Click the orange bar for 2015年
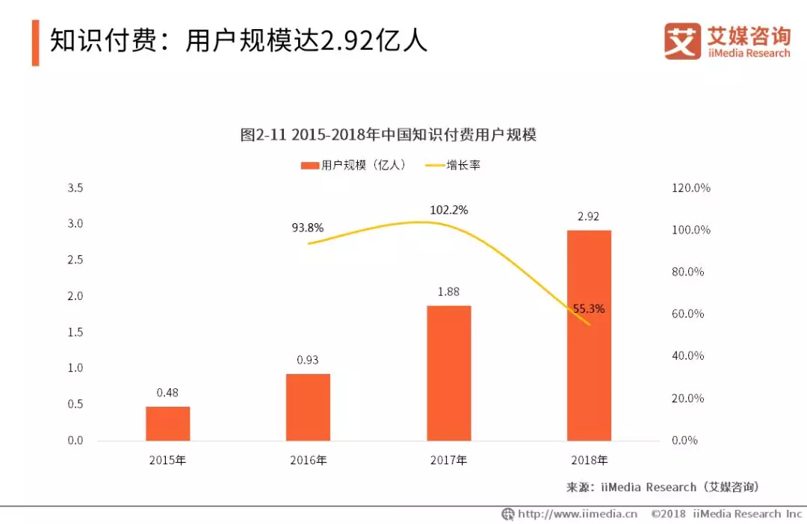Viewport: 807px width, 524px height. click(x=167, y=423)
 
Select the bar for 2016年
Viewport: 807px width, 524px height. click(x=308, y=407)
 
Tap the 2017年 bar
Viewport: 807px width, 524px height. click(x=448, y=372)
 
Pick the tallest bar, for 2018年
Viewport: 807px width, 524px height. click(x=589, y=335)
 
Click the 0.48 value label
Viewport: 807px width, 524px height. click(x=167, y=393)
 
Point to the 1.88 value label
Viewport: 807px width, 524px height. click(x=448, y=292)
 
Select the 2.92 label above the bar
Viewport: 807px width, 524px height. click(x=589, y=216)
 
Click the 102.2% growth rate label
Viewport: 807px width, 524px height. click(x=448, y=210)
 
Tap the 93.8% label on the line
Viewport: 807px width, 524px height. click(x=307, y=228)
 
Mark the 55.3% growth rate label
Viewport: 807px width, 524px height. click(x=589, y=308)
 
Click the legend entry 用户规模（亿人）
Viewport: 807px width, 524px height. click(x=353, y=166)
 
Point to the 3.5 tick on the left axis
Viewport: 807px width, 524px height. click(x=75, y=188)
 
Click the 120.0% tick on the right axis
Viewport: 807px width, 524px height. click(x=691, y=188)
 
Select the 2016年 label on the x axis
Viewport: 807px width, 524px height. click(x=308, y=461)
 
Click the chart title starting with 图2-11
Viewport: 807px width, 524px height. click(x=389, y=135)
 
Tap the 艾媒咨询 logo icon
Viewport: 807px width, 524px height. click(x=682, y=42)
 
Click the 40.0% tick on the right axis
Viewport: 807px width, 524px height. click(x=688, y=356)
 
